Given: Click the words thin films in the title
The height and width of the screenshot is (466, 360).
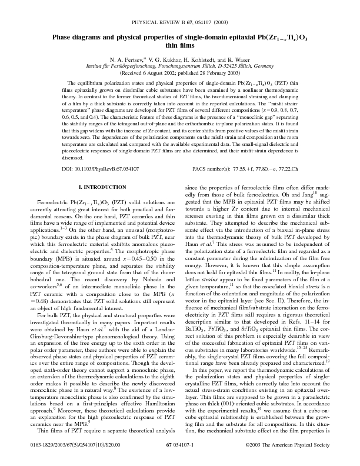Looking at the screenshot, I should [179, 45].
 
